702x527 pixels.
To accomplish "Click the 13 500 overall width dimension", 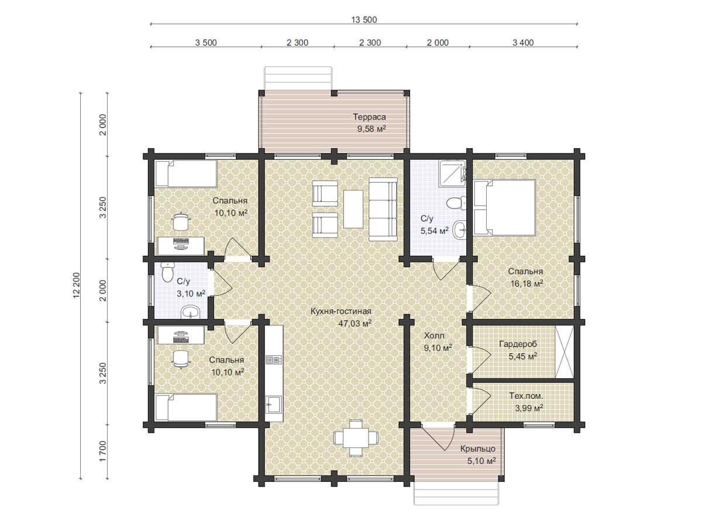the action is tap(364, 20).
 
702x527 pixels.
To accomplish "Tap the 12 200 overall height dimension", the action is tap(77, 285).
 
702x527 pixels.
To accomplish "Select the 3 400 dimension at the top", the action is tap(523, 43).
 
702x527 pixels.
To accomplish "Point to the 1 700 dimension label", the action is tap(102, 451).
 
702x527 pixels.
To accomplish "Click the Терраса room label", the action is tap(369, 117).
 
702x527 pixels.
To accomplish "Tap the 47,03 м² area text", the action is tap(355, 323).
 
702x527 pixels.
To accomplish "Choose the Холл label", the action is tap(434, 336).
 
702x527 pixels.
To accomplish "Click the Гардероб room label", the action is tap(518, 344).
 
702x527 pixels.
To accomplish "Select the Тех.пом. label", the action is tap(526, 396).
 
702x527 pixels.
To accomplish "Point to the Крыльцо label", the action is tap(478, 449).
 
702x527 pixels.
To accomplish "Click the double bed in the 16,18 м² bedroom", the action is tap(504, 208).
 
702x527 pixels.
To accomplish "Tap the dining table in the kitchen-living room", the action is tap(356, 438).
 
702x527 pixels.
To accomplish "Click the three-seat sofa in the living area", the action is tap(383, 209).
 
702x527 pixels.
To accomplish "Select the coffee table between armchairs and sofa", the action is tap(353, 209).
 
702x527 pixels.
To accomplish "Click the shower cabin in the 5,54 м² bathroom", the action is tap(453, 173).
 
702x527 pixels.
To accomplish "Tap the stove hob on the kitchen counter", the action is tap(274, 360).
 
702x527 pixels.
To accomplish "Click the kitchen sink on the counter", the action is tap(274, 405).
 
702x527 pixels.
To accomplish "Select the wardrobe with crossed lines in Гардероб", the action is tap(564, 352).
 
